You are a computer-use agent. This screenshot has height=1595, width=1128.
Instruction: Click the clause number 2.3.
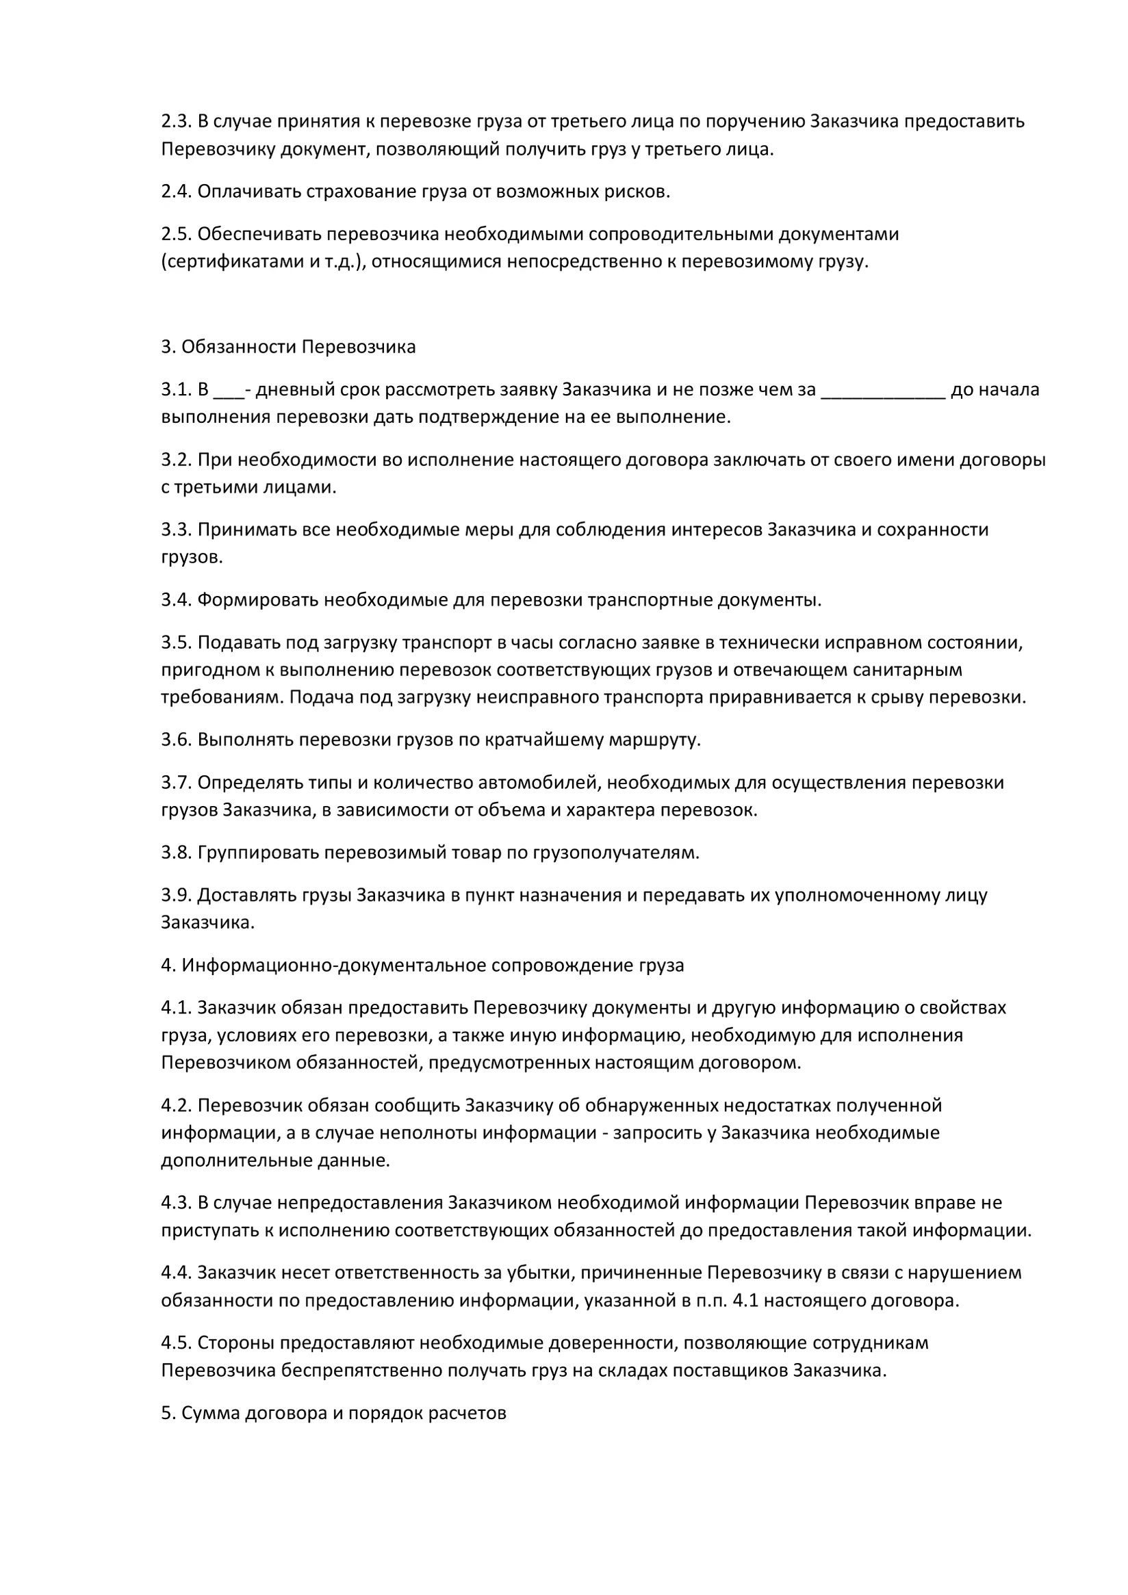[x=176, y=122]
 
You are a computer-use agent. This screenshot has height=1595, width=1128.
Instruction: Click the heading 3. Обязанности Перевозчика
[x=288, y=347]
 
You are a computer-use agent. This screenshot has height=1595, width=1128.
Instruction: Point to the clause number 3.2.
[x=176, y=460]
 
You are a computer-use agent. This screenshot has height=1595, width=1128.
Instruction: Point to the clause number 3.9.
[x=176, y=895]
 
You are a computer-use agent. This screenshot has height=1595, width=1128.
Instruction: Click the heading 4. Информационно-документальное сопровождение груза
[x=422, y=965]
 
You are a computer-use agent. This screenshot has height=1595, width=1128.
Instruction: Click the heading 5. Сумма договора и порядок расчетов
[x=333, y=1413]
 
